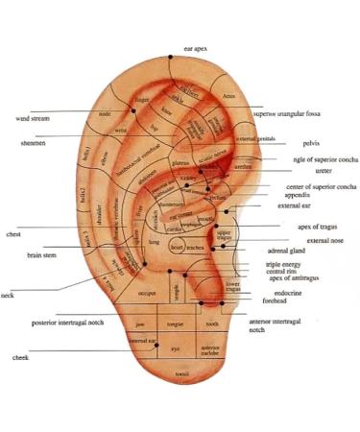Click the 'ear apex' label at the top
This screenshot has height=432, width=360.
coord(194,47)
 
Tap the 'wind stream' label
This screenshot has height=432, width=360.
coord(36,119)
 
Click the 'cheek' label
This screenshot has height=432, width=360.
coord(21,356)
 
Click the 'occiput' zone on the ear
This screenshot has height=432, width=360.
coord(147,292)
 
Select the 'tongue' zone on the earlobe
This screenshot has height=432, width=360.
coord(176,324)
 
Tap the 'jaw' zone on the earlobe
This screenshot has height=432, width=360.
coord(140,324)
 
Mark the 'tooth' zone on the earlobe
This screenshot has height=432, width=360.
coord(212,324)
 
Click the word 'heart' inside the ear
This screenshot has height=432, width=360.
coord(177,248)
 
